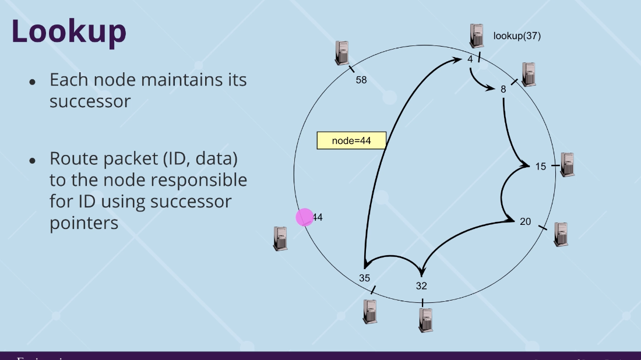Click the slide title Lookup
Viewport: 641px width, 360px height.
69,31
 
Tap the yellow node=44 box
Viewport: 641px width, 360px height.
351,140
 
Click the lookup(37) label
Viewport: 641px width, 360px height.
517,36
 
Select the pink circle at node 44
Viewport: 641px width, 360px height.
305,217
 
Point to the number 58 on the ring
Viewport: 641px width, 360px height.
361,80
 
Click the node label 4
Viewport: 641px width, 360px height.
470,59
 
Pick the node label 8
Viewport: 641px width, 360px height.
503,89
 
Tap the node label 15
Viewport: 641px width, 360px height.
540,167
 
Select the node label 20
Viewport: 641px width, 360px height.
525,221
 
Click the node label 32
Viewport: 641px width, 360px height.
421,285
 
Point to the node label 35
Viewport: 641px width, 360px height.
364,278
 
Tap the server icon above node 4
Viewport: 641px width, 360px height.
477,36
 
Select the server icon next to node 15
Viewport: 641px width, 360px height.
567,164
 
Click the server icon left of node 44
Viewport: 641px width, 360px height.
281,238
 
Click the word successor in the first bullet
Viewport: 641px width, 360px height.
90,101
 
